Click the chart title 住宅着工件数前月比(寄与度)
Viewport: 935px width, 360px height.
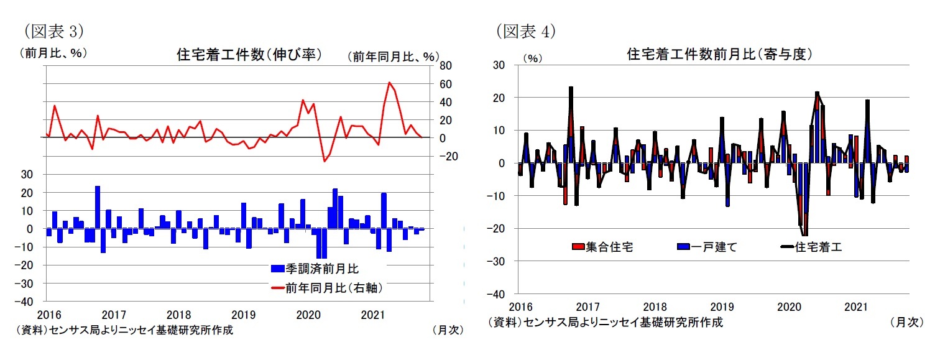[x=719, y=55]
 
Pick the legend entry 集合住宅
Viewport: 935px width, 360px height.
[x=602, y=247]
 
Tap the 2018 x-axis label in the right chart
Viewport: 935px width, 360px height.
[x=655, y=307]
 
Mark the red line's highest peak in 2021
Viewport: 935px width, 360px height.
[x=389, y=82]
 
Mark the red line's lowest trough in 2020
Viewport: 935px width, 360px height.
[x=324, y=161]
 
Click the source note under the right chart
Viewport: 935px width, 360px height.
[x=606, y=322]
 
